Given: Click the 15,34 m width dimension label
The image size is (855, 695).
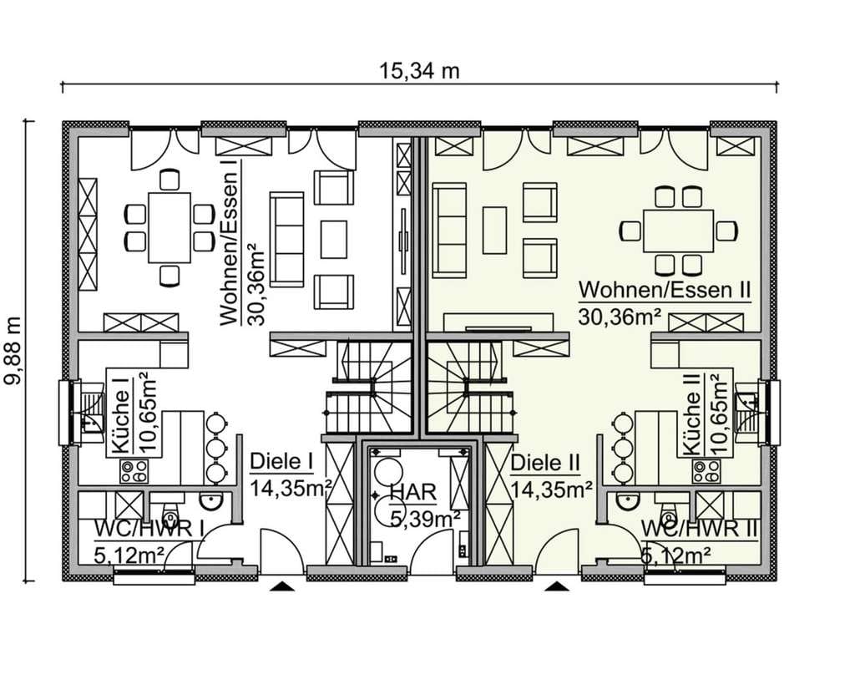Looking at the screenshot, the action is (419, 71).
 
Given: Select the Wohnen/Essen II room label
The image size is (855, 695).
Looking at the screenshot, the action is (665, 290).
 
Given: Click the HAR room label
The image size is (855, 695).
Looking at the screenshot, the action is (414, 492).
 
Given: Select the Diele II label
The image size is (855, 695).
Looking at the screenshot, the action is (545, 463).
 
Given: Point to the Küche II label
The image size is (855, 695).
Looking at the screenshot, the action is (691, 414).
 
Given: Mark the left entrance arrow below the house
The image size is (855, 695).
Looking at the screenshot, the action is (282, 586).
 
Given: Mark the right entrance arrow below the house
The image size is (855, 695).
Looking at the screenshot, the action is (557, 586).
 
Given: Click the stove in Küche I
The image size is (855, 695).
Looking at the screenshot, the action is (134, 471).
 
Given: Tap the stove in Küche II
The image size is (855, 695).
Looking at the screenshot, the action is (706, 471).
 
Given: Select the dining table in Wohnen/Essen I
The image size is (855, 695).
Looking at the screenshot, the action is (169, 227).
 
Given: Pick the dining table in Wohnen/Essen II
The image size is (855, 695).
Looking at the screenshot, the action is (678, 231).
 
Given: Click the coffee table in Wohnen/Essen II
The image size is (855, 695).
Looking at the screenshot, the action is (494, 230).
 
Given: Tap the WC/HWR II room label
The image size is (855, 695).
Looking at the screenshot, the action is (700, 529).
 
